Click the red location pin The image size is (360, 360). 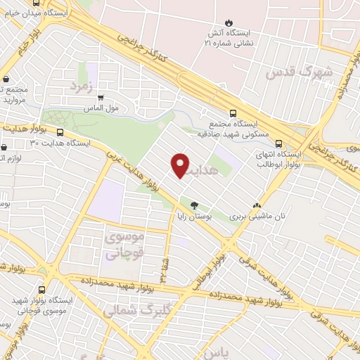click(181, 165)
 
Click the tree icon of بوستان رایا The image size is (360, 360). click(194, 205)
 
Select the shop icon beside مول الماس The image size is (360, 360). click(101, 98)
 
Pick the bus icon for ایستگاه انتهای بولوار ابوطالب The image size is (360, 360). click(278, 141)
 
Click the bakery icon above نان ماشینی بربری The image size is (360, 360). click(265, 205)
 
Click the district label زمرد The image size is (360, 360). click(82, 86)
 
